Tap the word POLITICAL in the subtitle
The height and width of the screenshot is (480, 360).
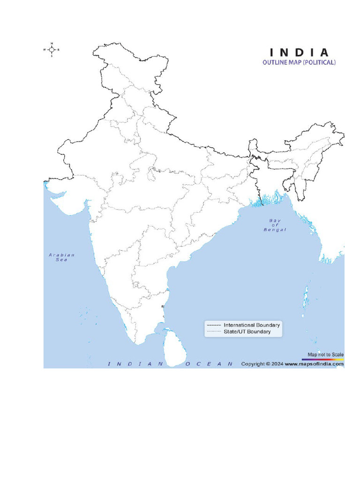319,62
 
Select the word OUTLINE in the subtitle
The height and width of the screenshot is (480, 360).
274,62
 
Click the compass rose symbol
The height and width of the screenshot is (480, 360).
52,49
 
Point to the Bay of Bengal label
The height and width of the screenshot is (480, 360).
275,225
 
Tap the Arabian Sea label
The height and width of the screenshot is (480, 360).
62,257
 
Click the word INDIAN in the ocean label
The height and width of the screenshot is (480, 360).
135,364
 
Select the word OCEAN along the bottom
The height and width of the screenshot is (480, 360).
209,364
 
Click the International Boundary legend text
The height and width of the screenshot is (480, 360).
252,325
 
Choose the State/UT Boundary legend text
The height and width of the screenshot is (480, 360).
247,331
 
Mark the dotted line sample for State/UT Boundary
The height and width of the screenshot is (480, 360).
213,332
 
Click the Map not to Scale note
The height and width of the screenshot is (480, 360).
325,355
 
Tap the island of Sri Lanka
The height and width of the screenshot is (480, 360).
175,347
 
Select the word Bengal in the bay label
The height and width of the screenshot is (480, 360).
275,230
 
